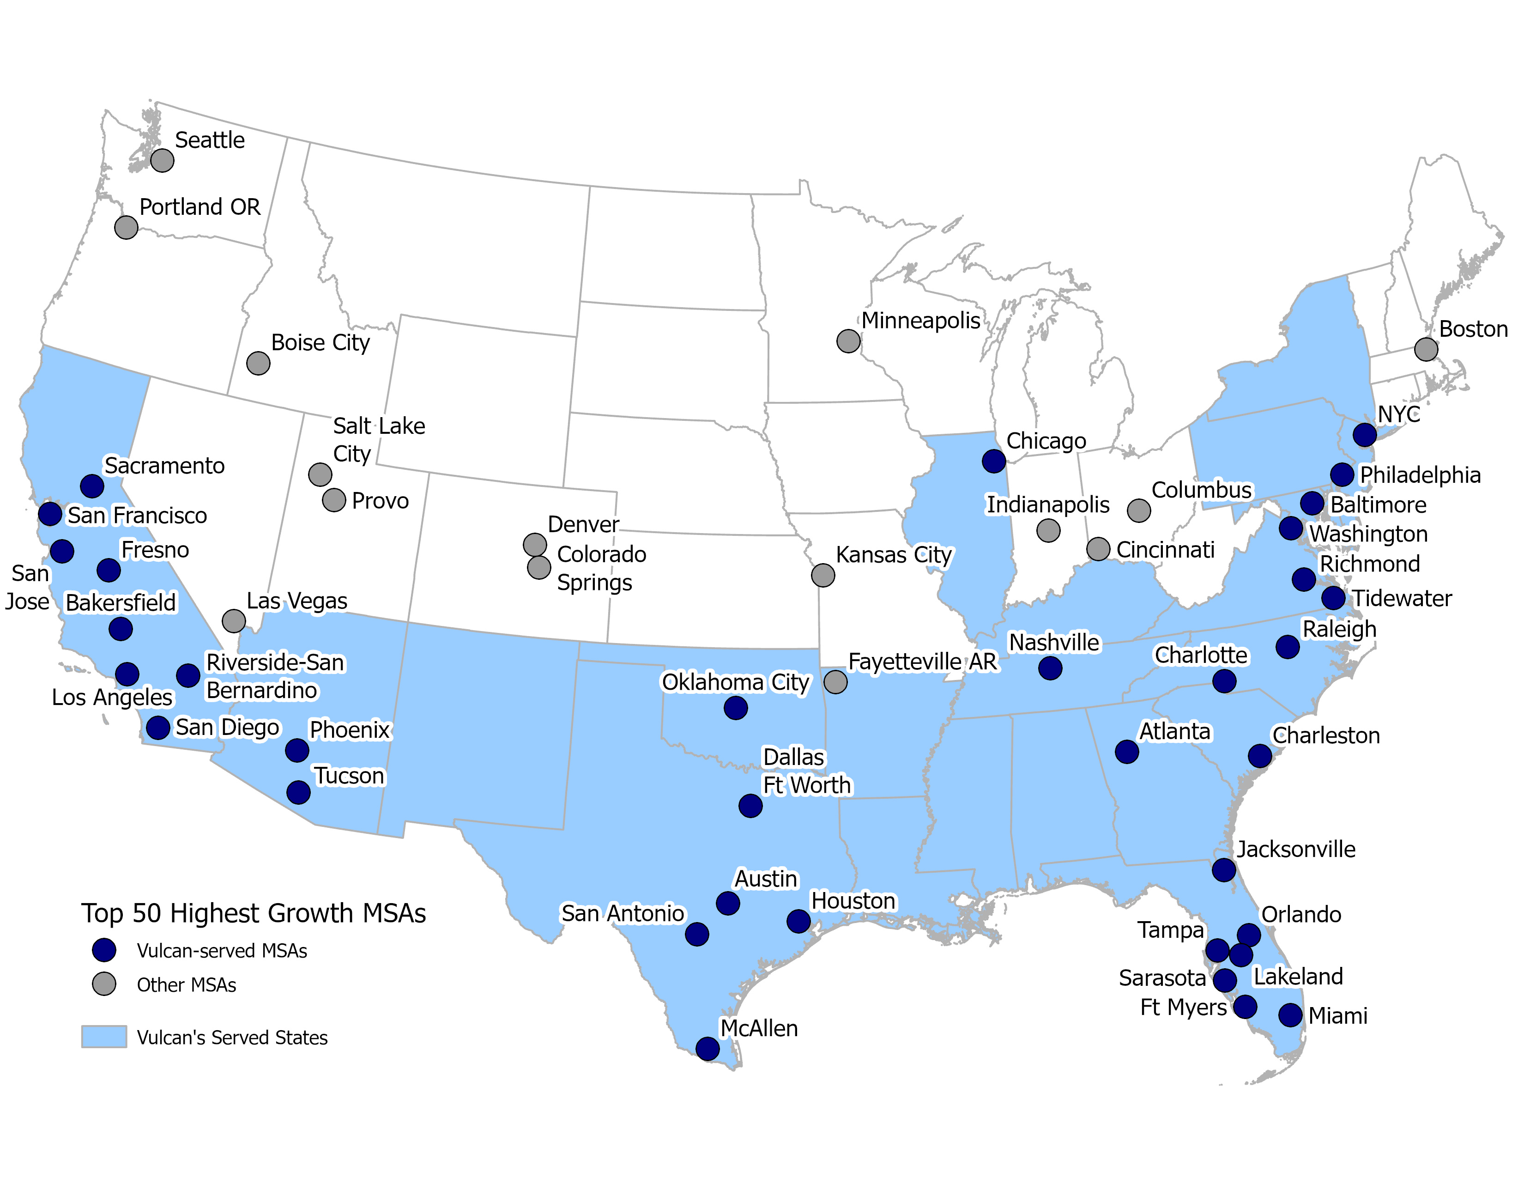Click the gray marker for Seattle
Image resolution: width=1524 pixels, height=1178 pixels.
[x=162, y=160]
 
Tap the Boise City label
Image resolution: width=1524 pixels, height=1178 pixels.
[x=321, y=343]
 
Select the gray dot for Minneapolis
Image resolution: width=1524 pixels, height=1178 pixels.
[x=848, y=341]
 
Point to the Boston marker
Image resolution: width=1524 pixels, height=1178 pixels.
[x=1426, y=349]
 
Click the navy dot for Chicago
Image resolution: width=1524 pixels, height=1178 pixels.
[x=993, y=461]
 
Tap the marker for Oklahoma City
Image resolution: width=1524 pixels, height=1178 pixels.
[x=736, y=708]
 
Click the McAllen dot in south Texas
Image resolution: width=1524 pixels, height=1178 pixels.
[x=708, y=1048]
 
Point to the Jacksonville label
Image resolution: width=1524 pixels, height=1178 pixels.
[x=1296, y=849]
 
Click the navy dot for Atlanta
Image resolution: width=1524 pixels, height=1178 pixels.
[x=1127, y=752]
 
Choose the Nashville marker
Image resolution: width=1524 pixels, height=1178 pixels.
[x=1050, y=668]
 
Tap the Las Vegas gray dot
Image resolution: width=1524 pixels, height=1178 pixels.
[x=234, y=620]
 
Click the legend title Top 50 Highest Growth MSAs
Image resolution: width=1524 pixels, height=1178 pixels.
[x=253, y=913]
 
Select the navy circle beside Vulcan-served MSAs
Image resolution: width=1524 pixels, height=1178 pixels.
[x=104, y=950]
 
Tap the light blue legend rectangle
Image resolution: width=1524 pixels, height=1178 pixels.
[x=104, y=1036]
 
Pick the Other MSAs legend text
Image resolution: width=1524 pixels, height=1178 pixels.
[x=186, y=985]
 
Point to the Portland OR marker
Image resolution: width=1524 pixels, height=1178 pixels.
[x=126, y=227]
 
